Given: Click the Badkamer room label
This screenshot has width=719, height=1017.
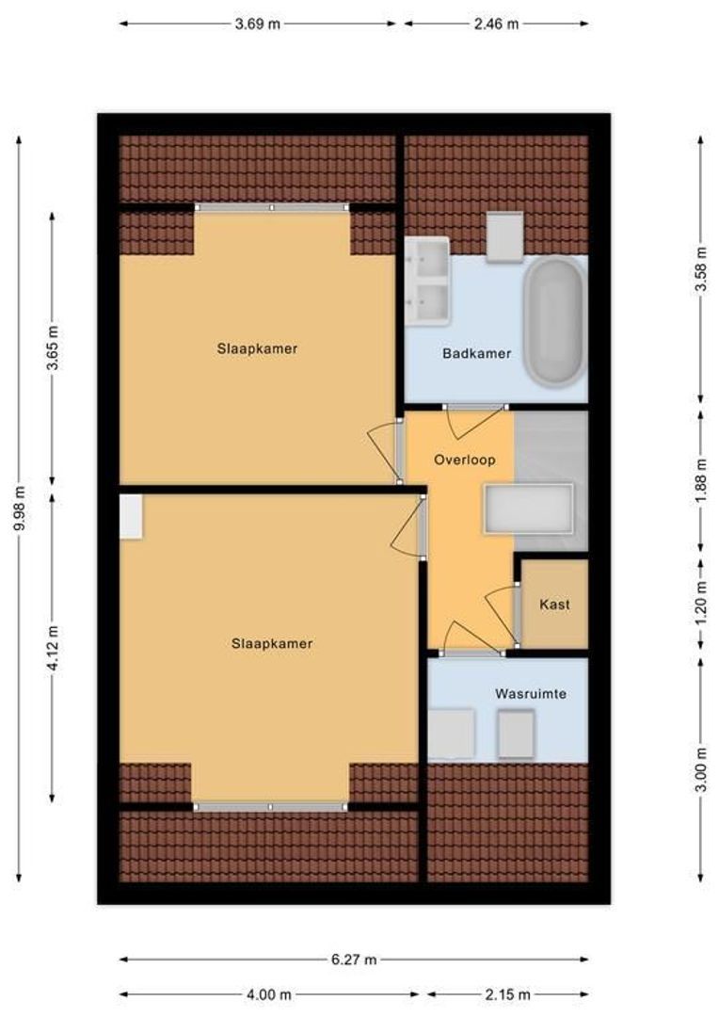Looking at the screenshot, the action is point(476,353).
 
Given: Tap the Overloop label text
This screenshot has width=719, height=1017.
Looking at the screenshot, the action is point(465,460).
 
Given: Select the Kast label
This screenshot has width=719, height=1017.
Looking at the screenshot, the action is point(554,605).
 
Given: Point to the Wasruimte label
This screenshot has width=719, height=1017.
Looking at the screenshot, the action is point(531,693).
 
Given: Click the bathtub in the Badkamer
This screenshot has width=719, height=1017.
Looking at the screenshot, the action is point(555,322).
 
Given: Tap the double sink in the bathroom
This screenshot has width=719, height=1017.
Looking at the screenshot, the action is point(427,282).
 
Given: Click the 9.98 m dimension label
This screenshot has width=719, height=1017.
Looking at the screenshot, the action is point(20,508).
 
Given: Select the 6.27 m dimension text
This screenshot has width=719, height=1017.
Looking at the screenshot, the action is point(354,960).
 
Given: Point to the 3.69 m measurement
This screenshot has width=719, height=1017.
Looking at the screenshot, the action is point(257,24).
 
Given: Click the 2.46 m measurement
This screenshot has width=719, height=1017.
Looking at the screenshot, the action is point(497,24).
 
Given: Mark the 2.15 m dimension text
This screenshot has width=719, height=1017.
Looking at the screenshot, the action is point(507,994).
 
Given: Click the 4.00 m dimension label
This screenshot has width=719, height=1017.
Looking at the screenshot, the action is point(269,994).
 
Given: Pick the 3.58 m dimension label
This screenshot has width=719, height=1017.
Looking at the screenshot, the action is point(701,269).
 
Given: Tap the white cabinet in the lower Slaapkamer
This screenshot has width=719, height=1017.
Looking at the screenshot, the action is point(130,516).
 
